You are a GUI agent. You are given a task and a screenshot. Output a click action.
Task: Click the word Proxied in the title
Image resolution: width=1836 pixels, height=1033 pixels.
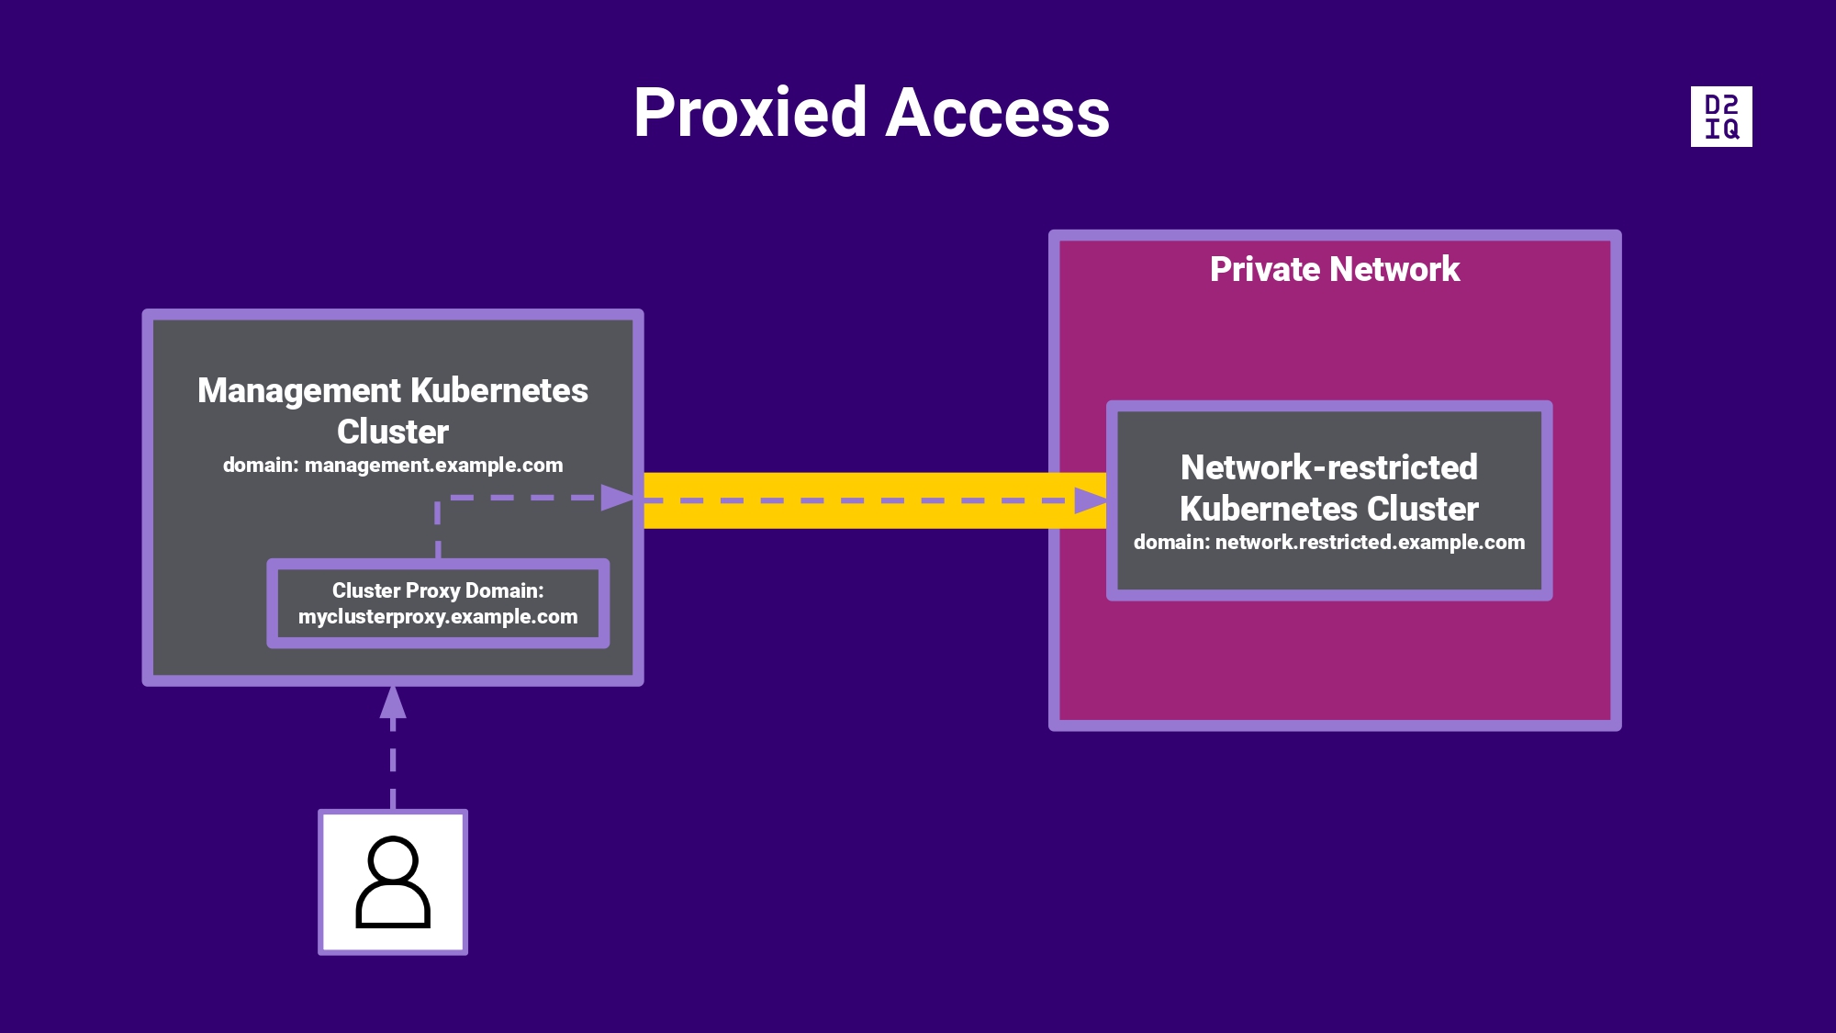pos(749,114)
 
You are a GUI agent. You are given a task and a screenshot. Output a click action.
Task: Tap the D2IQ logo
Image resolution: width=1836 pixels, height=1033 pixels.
pos(1721,117)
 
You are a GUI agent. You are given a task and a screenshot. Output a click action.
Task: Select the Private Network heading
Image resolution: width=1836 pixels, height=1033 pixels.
pos(1334,269)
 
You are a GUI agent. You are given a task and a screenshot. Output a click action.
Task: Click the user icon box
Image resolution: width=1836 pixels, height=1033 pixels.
pos(393,882)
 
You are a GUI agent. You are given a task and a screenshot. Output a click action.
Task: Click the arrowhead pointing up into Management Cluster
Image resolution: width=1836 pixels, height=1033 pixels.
pos(393,702)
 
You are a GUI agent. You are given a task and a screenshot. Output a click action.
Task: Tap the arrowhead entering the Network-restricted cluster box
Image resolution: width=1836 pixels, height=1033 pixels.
pos(1090,500)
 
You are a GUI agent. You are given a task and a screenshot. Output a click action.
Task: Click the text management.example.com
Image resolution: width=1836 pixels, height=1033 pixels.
pos(433,466)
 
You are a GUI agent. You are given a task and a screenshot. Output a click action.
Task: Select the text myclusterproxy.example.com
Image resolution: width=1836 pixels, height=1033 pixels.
pos(438,617)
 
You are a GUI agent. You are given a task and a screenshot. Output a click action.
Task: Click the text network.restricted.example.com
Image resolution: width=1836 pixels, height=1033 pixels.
pos(1370,543)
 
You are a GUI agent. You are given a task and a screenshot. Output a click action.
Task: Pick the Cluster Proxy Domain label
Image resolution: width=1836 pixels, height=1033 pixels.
pos(438,590)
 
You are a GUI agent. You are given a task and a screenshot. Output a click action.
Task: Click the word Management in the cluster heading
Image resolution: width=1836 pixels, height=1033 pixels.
pos(299,391)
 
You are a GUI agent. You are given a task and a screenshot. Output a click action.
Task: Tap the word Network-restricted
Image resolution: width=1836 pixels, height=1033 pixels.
pos(1328,467)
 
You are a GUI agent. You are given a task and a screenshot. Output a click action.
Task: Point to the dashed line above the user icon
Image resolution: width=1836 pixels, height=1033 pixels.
pos(393,762)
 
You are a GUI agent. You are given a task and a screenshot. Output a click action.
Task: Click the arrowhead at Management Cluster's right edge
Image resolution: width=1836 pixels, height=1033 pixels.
pos(617,498)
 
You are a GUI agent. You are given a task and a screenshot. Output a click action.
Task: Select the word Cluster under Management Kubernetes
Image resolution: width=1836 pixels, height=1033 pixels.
pos(393,432)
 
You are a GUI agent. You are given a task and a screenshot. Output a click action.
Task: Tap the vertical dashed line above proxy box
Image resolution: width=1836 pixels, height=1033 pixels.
pos(438,528)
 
